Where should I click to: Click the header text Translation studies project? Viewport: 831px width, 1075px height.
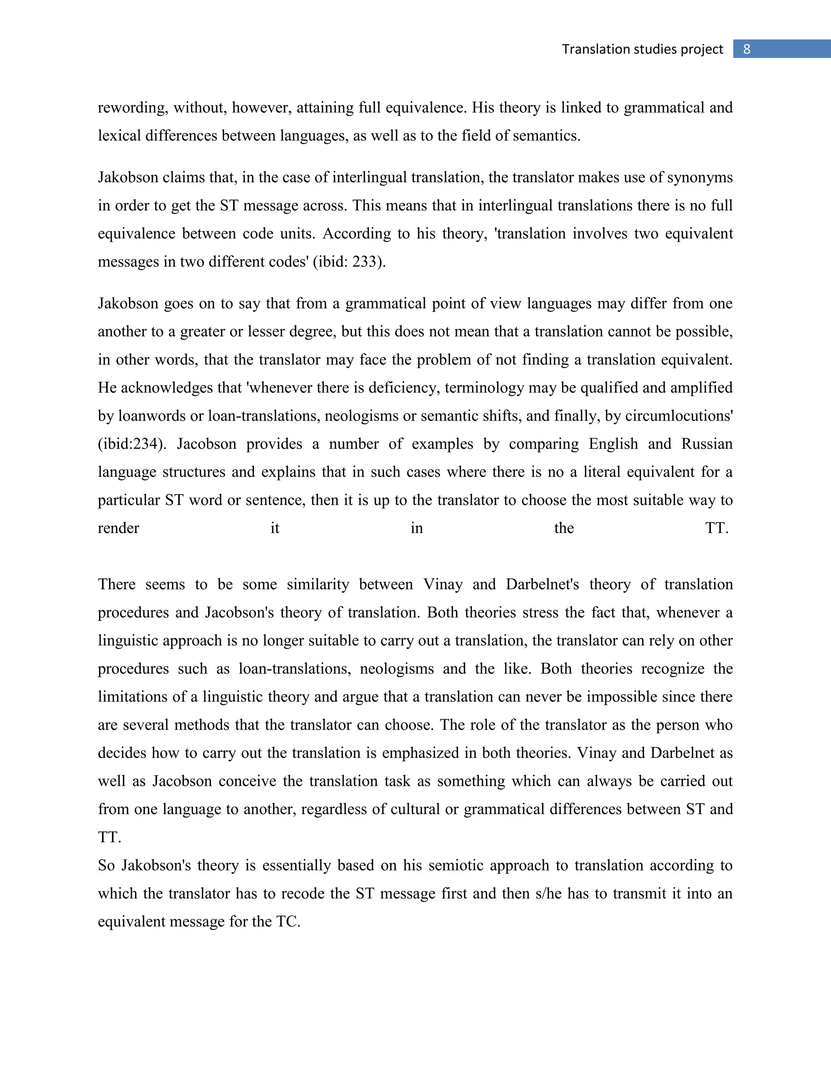pos(642,49)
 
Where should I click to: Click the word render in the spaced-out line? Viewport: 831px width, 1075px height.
pos(118,529)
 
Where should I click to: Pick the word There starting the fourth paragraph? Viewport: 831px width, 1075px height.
pos(117,585)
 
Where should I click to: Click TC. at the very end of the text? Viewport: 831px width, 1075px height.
pos(288,922)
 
